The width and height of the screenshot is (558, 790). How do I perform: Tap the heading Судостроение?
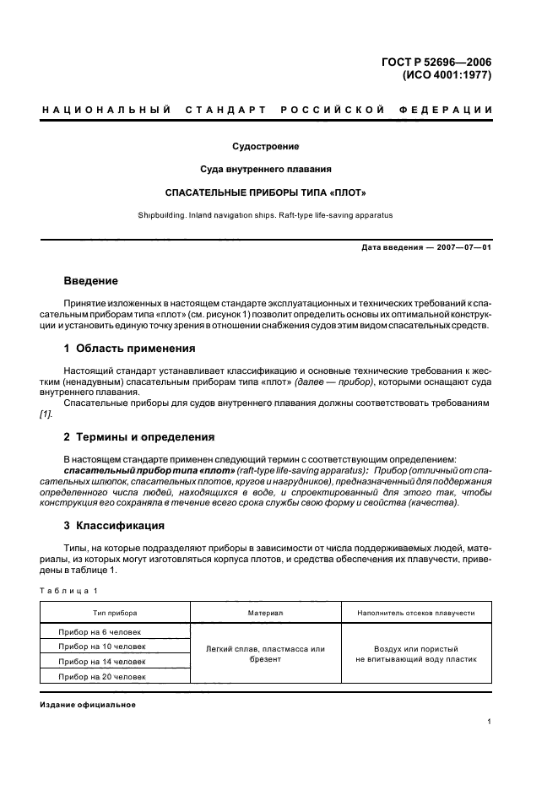[x=266, y=146]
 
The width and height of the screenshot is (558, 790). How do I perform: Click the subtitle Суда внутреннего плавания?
[x=266, y=169]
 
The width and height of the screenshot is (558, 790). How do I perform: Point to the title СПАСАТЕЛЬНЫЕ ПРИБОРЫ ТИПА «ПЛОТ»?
[x=266, y=192]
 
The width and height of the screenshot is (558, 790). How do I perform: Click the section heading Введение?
[x=91, y=280]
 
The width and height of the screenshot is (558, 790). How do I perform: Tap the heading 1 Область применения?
[x=130, y=347]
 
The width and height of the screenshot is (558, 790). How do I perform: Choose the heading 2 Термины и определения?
[x=139, y=436]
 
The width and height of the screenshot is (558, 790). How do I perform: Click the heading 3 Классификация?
[x=114, y=525]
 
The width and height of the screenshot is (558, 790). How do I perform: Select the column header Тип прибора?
[x=116, y=613]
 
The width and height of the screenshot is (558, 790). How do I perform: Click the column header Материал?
[x=265, y=613]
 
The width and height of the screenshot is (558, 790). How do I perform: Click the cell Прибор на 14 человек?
[x=101, y=662]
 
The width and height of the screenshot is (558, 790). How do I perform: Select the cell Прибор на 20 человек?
[x=101, y=677]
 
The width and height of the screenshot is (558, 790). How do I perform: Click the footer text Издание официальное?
[x=88, y=705]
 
